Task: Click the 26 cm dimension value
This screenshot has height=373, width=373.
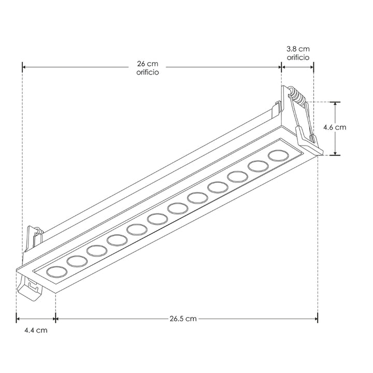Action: click(147, 64)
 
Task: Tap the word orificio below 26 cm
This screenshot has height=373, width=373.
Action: click(147, 73)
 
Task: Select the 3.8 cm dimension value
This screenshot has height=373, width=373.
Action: click(298, 48)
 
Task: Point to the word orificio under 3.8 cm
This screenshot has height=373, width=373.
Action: click(298, 56)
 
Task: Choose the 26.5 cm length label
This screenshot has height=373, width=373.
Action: click(184, 319)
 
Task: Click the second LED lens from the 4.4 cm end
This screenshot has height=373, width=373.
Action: click(77, 261)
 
